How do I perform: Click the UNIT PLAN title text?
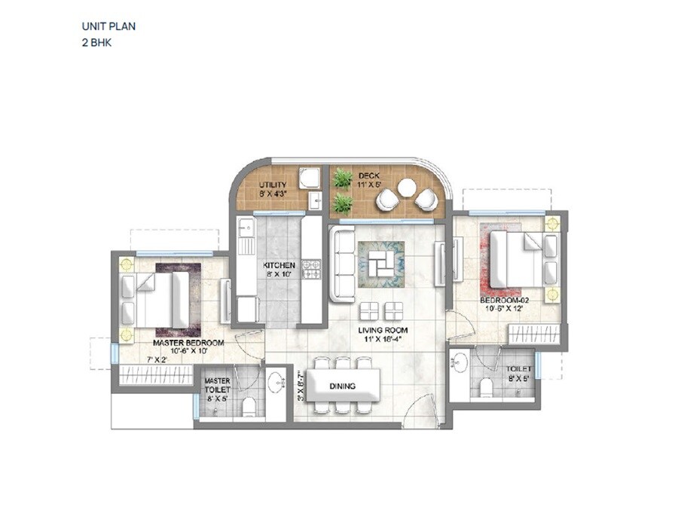tap(108, 26)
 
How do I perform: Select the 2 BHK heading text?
tap(97, 43)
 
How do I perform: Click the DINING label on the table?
tap(342, 386)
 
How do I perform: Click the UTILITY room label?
tap(272, 185)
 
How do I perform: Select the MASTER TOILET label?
tap(217, 385)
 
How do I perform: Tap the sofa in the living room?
tap(341, 264)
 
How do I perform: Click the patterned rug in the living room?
tap(380, 264)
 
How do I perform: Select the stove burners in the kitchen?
tap(310, 270)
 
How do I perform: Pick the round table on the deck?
tap(408, 187)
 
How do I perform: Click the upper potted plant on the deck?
tap(344, 179)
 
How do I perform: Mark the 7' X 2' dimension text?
tap(156, 359)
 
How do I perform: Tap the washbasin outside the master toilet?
tap(276, 379)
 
